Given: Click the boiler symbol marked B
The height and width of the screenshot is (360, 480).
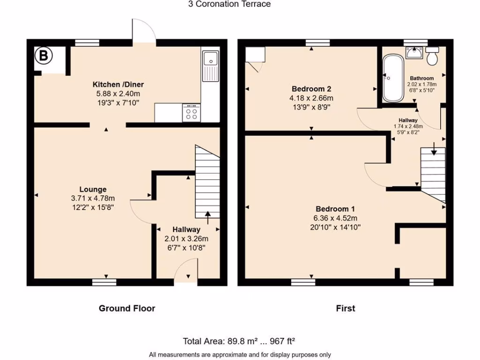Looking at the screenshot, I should [43, 56].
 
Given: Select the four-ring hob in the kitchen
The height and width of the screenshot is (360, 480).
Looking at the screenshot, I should [191, 112].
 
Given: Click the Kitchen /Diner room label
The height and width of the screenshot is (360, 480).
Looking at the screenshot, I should [118, 84].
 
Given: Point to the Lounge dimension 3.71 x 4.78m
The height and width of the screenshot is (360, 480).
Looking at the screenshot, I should [93, 198].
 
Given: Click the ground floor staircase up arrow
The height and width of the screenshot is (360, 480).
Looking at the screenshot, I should [208, 215].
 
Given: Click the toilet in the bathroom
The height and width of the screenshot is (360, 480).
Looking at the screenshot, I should [432, 56].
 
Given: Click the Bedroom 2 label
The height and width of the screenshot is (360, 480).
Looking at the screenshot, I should [312, 89].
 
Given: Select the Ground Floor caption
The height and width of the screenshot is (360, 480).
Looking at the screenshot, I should [127, 308].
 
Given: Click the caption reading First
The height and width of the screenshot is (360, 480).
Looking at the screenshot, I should [345, 308].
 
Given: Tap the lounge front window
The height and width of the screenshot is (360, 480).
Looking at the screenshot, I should [104, 282].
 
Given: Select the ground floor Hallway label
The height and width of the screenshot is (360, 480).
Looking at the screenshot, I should [186, 230].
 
